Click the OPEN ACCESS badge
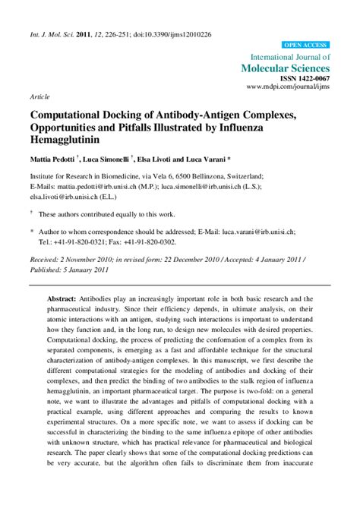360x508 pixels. point(306,46)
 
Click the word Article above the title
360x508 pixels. point(39,98)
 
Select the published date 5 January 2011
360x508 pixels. point(93,269)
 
